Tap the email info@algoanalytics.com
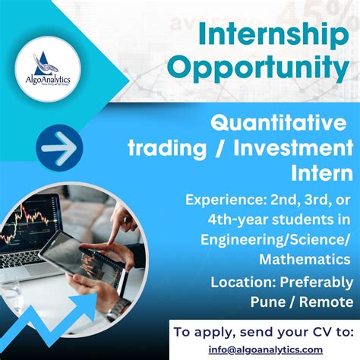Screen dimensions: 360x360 click(263, 349)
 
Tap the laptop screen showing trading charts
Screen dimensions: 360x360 click(32, 221)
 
